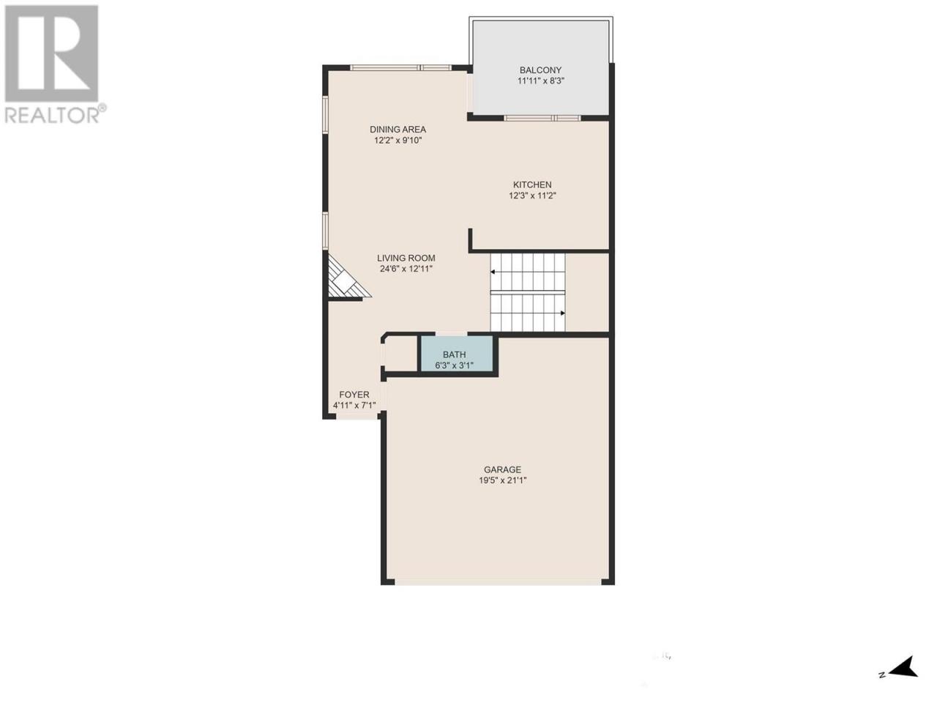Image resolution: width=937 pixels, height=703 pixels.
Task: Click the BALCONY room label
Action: [x=540, y=70]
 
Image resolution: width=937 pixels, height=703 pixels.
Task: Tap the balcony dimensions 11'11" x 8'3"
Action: [x=540, y=81]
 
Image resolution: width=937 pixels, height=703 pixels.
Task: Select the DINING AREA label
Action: [x=397, y=130]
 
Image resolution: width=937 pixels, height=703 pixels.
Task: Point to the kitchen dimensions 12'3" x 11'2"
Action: [x=532, y=196]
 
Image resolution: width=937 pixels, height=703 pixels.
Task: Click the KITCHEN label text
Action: [x=532, y=185]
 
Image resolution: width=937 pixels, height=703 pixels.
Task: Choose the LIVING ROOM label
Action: [x=406, y=258]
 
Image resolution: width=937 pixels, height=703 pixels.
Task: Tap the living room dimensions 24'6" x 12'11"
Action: [x=406, y=269]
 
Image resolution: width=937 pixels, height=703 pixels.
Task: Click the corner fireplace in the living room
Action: [x=345, y=280]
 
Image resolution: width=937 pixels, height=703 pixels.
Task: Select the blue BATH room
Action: [x=457, y=354]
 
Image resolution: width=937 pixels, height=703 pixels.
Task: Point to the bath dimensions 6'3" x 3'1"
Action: [x=454, y=365]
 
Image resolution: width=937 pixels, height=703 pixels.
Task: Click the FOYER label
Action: [x=354, y=395]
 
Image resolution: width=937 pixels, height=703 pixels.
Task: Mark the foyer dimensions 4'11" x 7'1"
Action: [x=354, y=406]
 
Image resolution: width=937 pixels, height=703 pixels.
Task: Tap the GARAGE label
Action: [x=502, y=469]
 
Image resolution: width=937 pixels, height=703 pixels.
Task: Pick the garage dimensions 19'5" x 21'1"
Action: [x=502, y=480]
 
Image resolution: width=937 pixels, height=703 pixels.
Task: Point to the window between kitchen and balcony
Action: [x=542, y=118]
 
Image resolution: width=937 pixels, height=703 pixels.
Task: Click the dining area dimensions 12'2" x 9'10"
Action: [x=397, y=141]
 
